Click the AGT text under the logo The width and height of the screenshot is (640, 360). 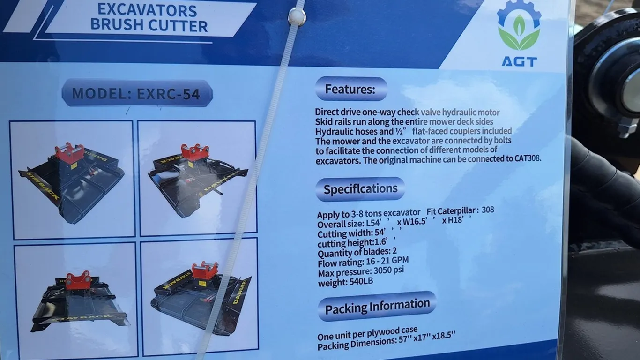point(519,62)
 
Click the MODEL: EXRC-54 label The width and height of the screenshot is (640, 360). point(136,93)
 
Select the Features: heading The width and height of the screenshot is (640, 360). point(351,89)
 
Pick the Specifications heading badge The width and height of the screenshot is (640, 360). point(360,189)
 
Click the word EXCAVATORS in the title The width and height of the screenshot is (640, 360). point(147,10)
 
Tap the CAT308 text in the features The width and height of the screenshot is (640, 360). point(528,158)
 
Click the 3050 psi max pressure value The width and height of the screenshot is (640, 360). point(388,270)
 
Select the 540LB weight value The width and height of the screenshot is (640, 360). point(361,281)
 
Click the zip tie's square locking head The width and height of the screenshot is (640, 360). point(297,16)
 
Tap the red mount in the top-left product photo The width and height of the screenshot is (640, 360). point(70,154)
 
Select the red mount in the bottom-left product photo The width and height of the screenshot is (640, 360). point(77,280)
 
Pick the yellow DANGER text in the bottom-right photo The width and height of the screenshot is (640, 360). point(240,291)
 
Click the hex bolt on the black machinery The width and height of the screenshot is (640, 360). point(628,128)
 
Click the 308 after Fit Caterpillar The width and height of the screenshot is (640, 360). point(488,210)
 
